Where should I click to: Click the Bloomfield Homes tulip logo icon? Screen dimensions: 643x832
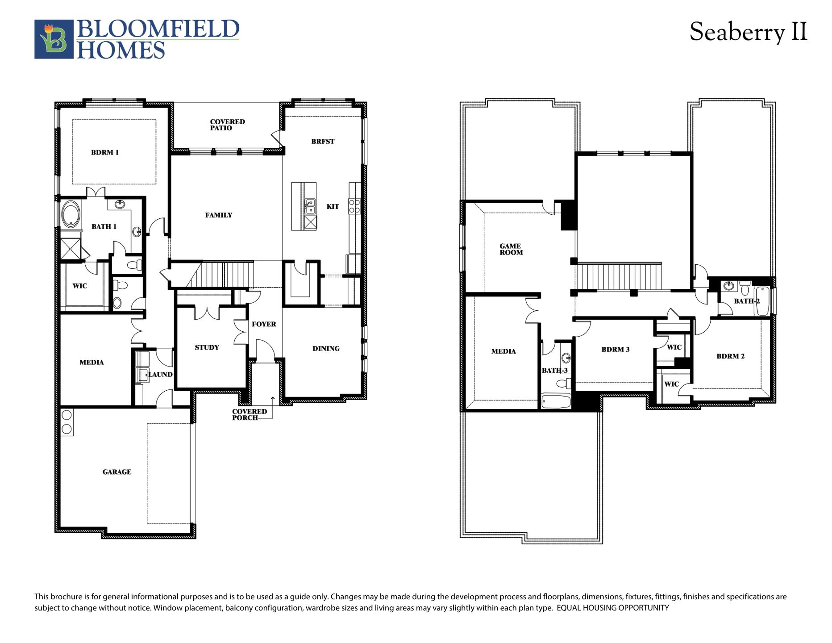[54, 39]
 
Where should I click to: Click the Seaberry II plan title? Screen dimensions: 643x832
[748, 32]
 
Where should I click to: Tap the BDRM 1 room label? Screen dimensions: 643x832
[105, 153]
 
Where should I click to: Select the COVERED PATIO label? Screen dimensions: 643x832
[227, 125]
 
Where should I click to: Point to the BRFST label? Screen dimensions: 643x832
[323, 142]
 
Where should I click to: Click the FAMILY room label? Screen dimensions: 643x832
[219, 215]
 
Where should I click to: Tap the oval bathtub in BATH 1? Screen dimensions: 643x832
[71, 215]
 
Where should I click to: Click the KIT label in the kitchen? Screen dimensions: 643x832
[333, 206]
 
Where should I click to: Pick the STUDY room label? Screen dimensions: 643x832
[207, 347]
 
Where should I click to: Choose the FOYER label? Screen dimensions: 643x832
[264, 324]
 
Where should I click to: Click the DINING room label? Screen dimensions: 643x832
[326, 349]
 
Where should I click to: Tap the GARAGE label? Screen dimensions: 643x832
[117, 472]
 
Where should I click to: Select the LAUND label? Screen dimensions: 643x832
[160, 375]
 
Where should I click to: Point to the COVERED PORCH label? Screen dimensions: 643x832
[249, 415]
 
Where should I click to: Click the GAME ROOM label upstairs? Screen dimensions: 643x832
[511, 249]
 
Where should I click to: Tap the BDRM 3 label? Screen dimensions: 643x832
[615, 350]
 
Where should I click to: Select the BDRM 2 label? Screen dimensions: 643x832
[730, 356]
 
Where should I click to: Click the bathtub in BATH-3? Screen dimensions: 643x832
[556, 401]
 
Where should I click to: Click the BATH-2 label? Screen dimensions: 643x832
[747, 301]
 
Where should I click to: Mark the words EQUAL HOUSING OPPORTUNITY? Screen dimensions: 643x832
[613, 608]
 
